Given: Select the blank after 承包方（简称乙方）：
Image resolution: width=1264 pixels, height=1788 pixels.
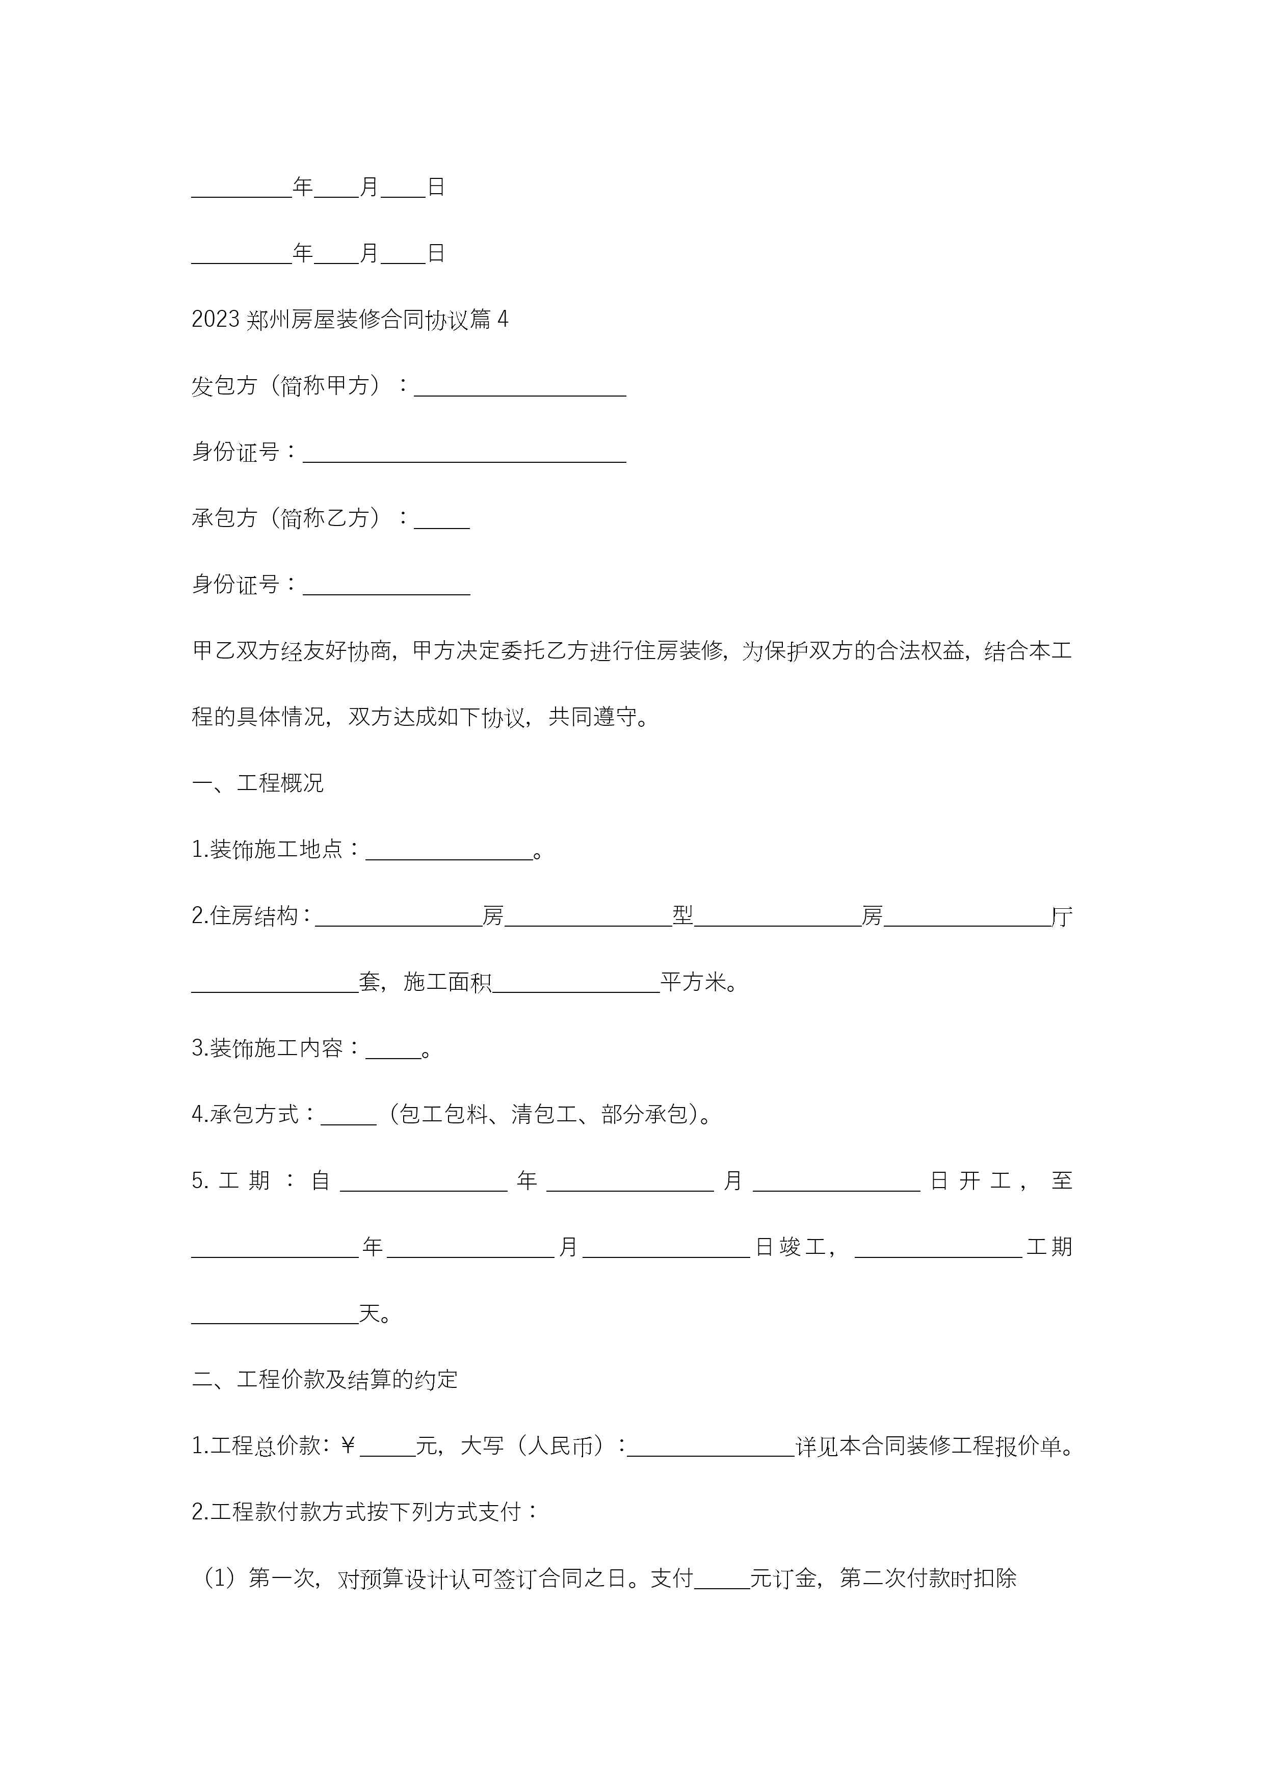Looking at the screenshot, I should click(x=441, y=519).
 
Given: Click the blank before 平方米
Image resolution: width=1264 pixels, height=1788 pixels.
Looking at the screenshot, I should click(x=576, y=984).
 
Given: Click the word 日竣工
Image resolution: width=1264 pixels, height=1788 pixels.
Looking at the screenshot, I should click(x=791, y=1248).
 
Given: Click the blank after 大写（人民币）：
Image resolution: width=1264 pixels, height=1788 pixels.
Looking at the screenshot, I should click(x=710, y=1448).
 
